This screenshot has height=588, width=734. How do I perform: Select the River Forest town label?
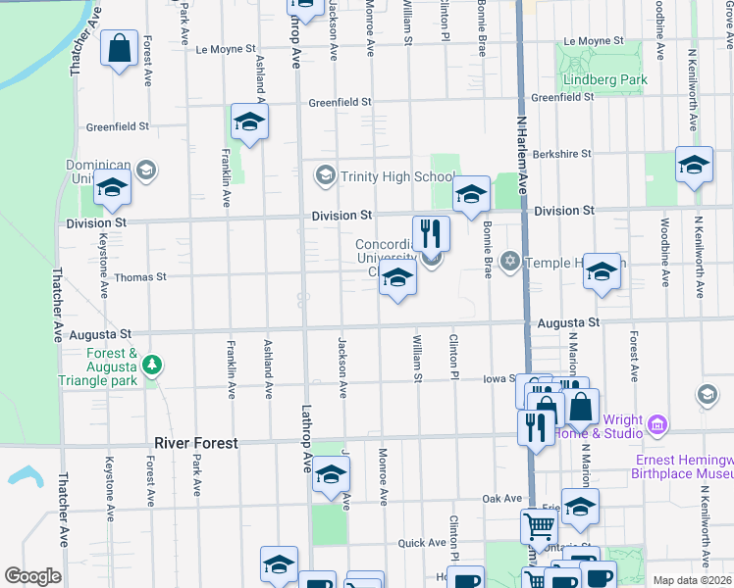pos(196,443)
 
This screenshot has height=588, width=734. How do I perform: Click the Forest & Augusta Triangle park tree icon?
pos(152,367)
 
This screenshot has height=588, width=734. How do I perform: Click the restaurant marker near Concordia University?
pos(431,233)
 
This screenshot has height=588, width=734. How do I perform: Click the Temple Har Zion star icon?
pos(509,262)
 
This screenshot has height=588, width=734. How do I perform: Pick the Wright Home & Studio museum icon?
pos(657,424)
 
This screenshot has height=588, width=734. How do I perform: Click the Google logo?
pos(32,576)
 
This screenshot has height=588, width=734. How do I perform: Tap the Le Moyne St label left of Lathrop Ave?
pos(226,48)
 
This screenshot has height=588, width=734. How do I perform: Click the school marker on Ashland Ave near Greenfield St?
pos(249,123)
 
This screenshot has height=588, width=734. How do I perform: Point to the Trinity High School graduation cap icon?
pos(325,176)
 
